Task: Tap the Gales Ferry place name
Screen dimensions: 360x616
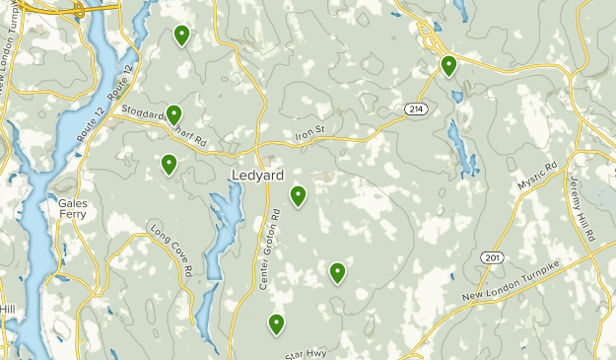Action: point(65,209)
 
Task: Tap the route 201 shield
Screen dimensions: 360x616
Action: point(492,256)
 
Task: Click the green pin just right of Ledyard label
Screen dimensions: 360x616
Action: point(298,196)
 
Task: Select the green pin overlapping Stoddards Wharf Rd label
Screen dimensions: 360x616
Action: point(174,114)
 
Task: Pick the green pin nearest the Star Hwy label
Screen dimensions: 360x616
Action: point(277,324)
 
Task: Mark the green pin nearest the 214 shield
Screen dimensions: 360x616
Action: point(448,66)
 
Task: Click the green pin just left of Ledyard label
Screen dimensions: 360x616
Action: point(170,164)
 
